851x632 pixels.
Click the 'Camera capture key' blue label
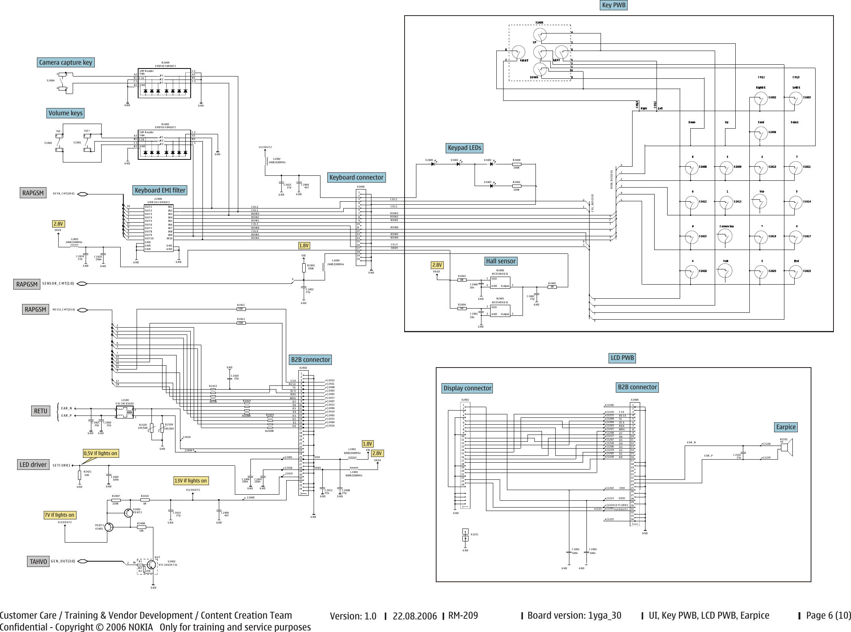point(65,62)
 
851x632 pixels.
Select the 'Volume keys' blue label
point(65,113)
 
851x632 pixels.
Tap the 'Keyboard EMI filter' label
point(160,190)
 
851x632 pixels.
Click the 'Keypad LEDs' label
point(464,148)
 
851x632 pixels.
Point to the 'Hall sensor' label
point(500,261)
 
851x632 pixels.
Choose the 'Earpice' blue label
point(786,427)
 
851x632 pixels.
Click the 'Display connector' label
point(467,388)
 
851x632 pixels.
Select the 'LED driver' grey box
point(33,465)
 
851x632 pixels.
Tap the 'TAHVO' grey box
point(38,561)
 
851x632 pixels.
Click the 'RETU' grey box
point(41,411)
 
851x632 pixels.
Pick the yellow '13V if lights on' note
point(190,481)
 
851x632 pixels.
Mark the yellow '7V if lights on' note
point(59,515)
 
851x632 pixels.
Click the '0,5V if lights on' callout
point(100,453)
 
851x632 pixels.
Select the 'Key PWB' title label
point(614,5)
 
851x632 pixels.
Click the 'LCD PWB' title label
point(622,358)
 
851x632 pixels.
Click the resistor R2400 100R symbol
point(516,164)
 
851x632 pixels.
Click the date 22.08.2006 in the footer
point(414,616)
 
